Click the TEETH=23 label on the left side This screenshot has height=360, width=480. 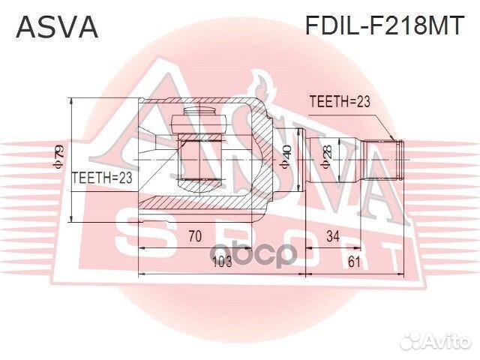click(x=101, y=178)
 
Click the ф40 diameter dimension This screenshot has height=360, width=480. click(x=286, y=159)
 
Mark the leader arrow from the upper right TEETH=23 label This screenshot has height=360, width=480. click(x=382, y=124)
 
